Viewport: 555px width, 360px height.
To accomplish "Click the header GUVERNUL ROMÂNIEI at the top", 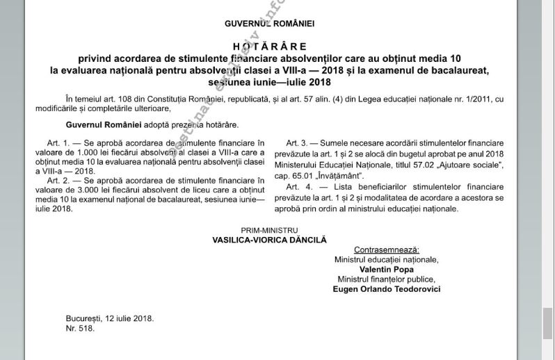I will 269,24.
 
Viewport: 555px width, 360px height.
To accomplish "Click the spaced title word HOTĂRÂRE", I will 269,47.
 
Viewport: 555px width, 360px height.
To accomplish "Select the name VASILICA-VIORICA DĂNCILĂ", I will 269,240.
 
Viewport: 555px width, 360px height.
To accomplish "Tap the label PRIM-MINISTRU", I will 269,230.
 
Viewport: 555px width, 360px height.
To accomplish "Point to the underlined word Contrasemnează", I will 386,249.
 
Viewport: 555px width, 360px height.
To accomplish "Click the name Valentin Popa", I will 386,269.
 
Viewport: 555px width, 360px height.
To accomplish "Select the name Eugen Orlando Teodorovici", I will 386,289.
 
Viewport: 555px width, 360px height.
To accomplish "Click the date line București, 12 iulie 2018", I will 110,318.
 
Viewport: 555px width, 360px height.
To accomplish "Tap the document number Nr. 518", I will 80,328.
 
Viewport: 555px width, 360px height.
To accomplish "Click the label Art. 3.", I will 299,143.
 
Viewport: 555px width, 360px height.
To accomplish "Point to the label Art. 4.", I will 299,187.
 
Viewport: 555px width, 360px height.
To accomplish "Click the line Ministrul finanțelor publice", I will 386,279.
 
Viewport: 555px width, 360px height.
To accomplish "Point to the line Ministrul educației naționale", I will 386,259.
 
